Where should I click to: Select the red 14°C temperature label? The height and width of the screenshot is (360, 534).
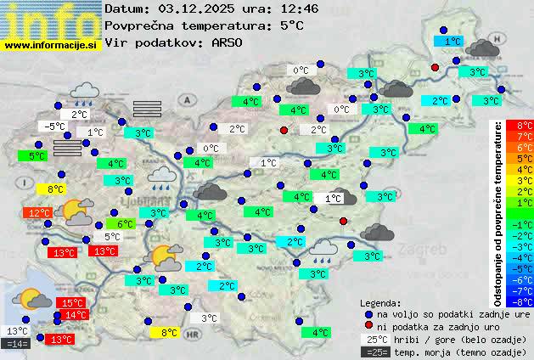pyautogui.click(x=74, y=315)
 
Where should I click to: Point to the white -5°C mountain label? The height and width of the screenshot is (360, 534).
pyautogui.click(x=55, y=127)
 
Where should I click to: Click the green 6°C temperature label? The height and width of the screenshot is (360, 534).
pyautogui.click(x=125, y=224)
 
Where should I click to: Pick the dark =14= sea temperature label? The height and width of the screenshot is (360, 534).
pyautogui.click(x=17, y=343)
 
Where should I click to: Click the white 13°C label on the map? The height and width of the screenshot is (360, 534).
pyautogui.click(x=17, y=330)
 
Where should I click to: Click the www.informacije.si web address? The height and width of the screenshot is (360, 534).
pyautogui.click(x=51, y=44)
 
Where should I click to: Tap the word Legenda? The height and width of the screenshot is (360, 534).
pyautogui.click(x=380, y=302)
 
